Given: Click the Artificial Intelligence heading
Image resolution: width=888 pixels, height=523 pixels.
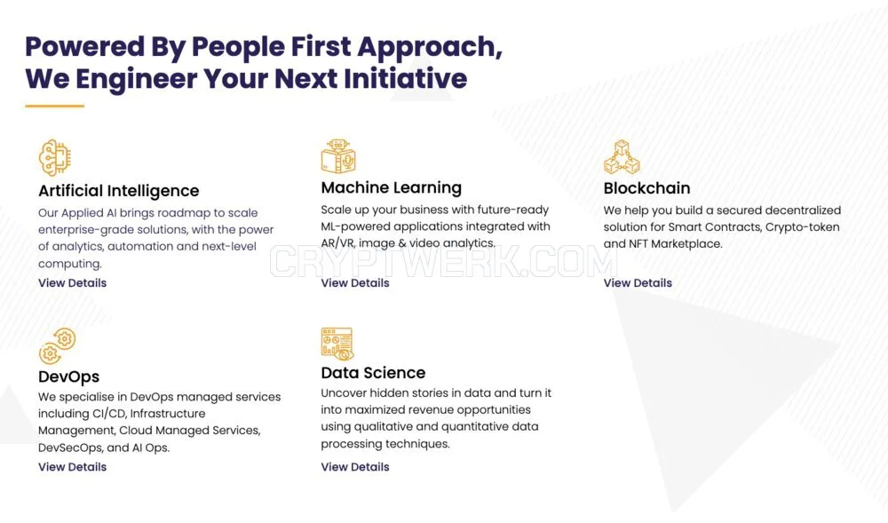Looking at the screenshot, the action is tap(118, 191).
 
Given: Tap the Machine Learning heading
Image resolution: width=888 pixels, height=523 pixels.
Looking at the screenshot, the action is tap(392, 187).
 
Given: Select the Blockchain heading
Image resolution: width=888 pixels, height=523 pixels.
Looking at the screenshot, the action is tap(646, 188).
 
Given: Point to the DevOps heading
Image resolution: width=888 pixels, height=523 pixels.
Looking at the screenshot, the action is tap(68, 376).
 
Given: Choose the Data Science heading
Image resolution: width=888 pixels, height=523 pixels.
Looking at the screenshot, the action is tap(373, 372).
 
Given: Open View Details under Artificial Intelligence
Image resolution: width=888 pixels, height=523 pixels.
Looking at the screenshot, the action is tap(73, 283).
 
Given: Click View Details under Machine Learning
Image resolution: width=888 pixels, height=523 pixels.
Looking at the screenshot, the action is tap(355, 283).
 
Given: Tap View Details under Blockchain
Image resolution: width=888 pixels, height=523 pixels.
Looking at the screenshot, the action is tap(638, 283).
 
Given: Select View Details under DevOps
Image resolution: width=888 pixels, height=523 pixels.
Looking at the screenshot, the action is tap(73, 467).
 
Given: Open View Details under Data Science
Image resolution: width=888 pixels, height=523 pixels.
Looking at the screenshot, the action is tap(355, 467).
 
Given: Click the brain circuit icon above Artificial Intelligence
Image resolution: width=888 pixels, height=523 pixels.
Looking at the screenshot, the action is tap(55, 158).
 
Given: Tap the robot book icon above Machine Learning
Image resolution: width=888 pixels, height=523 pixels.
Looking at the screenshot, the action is tap(338, 155).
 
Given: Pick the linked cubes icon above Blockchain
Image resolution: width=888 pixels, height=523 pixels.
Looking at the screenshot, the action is tap(622, 157).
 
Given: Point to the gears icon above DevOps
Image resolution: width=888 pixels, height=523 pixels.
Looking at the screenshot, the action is tap(57, 345).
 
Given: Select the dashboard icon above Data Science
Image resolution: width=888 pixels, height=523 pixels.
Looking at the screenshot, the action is tap(337, 344).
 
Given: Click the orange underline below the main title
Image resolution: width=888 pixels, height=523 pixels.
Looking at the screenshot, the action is tap(54, 106).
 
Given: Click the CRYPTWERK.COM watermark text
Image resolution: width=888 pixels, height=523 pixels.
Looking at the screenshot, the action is tap(443, 263).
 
